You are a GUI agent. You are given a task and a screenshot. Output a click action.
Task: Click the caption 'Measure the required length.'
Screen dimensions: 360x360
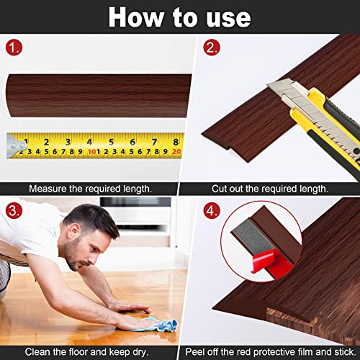coord(89,188)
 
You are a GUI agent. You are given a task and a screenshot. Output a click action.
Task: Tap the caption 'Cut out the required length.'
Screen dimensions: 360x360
coord(269,188)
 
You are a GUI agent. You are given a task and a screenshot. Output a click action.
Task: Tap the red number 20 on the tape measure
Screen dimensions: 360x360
coord(176,152)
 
